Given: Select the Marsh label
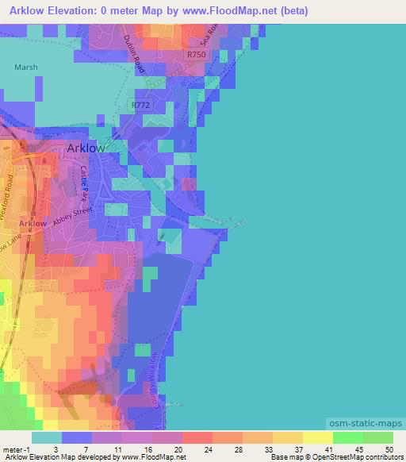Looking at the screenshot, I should tap(26, 68).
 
